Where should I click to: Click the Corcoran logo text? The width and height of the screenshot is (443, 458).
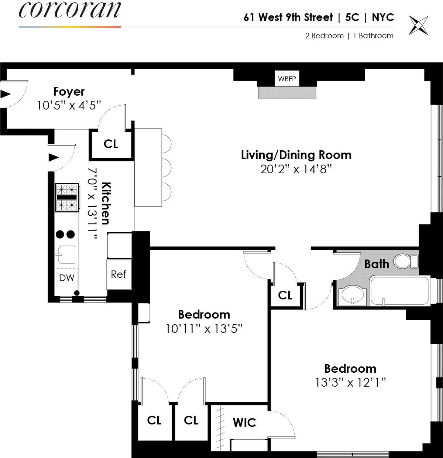point(69,10)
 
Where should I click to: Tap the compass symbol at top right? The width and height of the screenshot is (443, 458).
point(419,25)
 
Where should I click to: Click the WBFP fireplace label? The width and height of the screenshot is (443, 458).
point(287,79)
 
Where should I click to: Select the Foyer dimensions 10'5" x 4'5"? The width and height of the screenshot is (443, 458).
point(69,105)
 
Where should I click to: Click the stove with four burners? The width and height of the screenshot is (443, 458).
point(67,197)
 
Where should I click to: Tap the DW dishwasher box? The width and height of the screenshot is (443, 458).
point(67,278)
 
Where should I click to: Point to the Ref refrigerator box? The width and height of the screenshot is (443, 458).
point(119,274)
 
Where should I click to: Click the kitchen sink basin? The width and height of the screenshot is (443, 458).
point(67,254)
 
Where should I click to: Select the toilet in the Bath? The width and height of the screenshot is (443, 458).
point(405,262)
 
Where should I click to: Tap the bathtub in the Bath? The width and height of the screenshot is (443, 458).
point(399,291)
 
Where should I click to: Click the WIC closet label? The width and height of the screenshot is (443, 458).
point(244,423)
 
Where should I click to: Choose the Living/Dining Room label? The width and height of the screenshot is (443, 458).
point(296,155)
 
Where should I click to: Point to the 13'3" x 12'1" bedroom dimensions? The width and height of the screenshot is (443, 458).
point(350,382)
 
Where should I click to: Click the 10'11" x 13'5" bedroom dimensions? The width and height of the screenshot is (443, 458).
point(204,328)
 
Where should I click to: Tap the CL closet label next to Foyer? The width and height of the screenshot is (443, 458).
point(111,144)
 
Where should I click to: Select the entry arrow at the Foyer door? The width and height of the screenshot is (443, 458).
point(5,94)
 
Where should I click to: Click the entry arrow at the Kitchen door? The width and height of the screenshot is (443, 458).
point(54,158)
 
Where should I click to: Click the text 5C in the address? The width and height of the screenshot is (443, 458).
point(352,17)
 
